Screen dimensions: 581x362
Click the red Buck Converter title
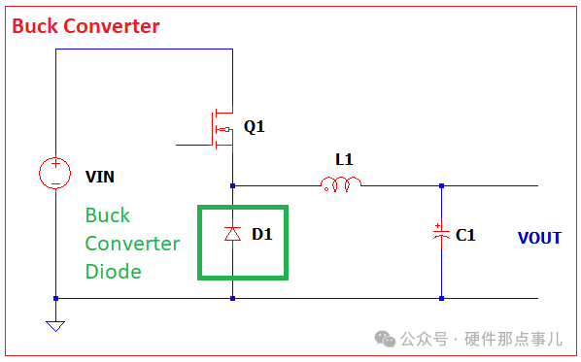click(85, 26)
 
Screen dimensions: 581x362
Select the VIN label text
click(100, 177)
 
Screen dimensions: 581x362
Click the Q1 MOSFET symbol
click(223, 129)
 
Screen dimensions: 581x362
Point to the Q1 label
click(255, 126)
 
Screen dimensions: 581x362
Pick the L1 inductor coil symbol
click(340, 184)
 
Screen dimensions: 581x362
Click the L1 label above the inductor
click(344, 159)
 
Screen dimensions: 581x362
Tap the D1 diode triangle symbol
click(233, 234)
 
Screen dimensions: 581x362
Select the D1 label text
click(262, 234)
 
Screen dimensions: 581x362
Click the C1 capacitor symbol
click(441, 234)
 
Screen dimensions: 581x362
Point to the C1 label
click(465, 235)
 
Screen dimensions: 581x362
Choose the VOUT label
click(539, 238)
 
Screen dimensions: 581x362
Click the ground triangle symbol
click(55, 326)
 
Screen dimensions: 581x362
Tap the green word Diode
click(114, 272)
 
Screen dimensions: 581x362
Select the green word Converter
click(132, 244)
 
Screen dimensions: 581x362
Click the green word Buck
click(108, 215)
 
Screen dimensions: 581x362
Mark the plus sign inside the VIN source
click(55, 163)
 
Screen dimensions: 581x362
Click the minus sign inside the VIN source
click(55, 183)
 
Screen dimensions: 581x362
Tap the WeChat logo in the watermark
click(385, 339)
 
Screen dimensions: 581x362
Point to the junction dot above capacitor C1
click(441, 185)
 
